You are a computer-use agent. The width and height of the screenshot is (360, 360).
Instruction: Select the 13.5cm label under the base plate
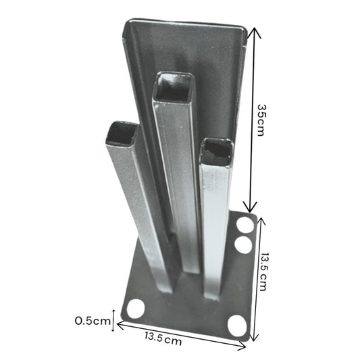[x=163, y=340]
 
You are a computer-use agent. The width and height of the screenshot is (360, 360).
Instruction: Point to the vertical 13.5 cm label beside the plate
[x=267, y=272]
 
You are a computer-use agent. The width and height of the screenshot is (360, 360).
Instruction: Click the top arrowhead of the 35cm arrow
[x=253, y=31]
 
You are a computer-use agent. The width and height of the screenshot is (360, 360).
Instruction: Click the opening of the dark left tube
[x=122, y=132]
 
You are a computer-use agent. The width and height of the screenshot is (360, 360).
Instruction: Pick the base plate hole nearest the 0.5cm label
[x=136, y=309]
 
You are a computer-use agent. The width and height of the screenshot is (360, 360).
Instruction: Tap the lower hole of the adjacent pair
[x=243, y=245]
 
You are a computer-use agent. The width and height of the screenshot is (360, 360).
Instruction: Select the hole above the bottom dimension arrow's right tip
[x=236, y=325]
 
